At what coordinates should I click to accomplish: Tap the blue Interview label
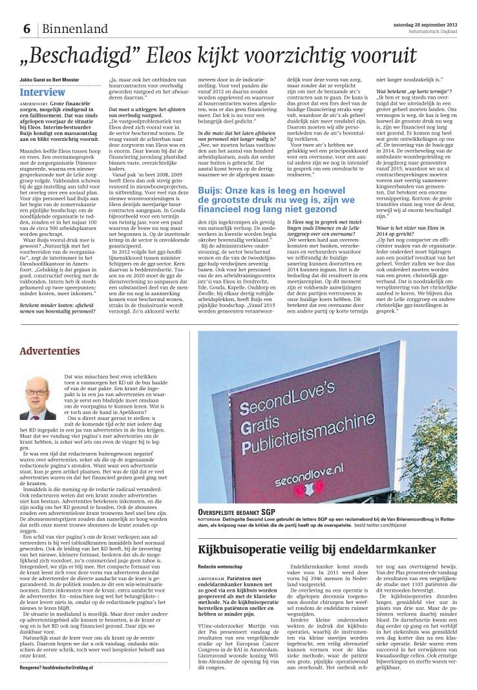pos(42,92)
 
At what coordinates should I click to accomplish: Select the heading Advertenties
pos(50,351)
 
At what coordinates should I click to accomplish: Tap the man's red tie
pos(37,411)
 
